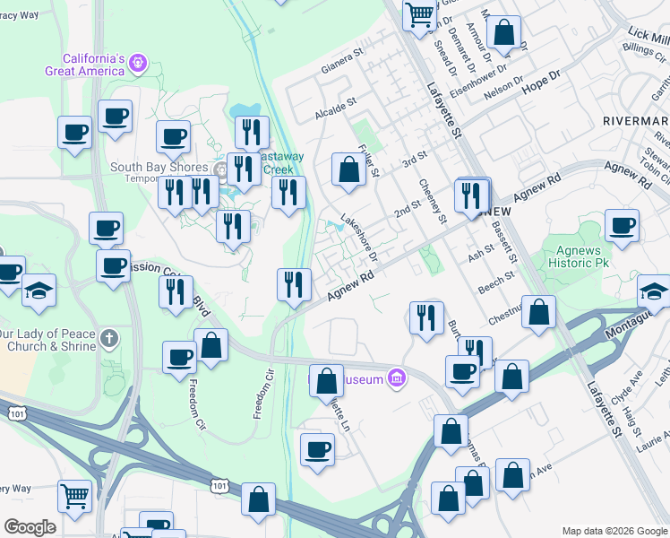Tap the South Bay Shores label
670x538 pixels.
click(x=159, y=168)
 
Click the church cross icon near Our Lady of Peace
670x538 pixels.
click(x=108, y=339)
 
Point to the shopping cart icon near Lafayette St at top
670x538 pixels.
click(x=418, y=15)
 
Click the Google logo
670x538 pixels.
click(x=30, y=527)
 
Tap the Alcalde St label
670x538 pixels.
click(x=335, y=109)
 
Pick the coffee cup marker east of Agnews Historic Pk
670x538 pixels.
click(x=621, y=227)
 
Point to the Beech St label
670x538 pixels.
click(x=494, y=284)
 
